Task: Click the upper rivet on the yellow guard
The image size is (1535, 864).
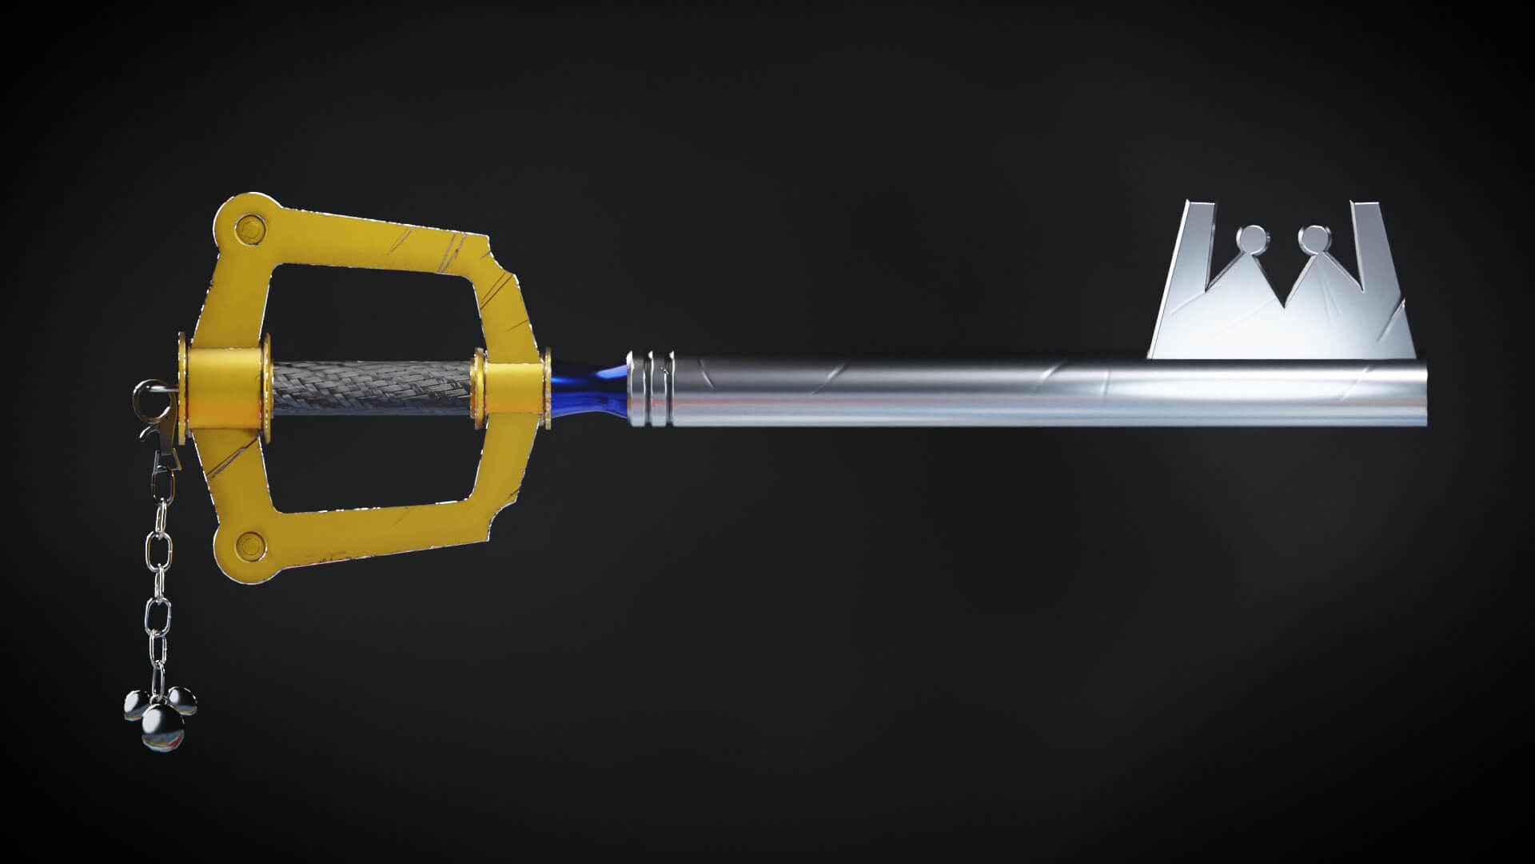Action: (x=251, y=230)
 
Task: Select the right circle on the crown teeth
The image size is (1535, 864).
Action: (x=1312, y=238)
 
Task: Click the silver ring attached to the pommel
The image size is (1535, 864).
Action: (x=146, y=395)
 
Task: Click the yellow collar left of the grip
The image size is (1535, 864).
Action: (x=226, y=387)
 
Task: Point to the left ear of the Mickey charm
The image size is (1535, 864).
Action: (x=135, y=704)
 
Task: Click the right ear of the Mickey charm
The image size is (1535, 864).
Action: (x=185, y=701)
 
